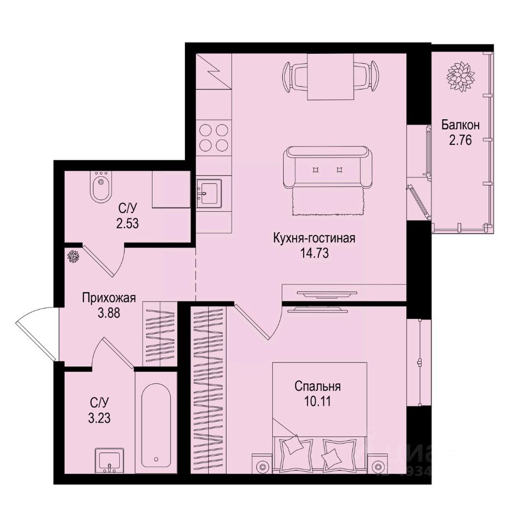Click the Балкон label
460,125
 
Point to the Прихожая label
109,299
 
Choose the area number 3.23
100,417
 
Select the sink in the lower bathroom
109,460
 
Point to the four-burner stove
213,137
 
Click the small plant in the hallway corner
73,256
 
